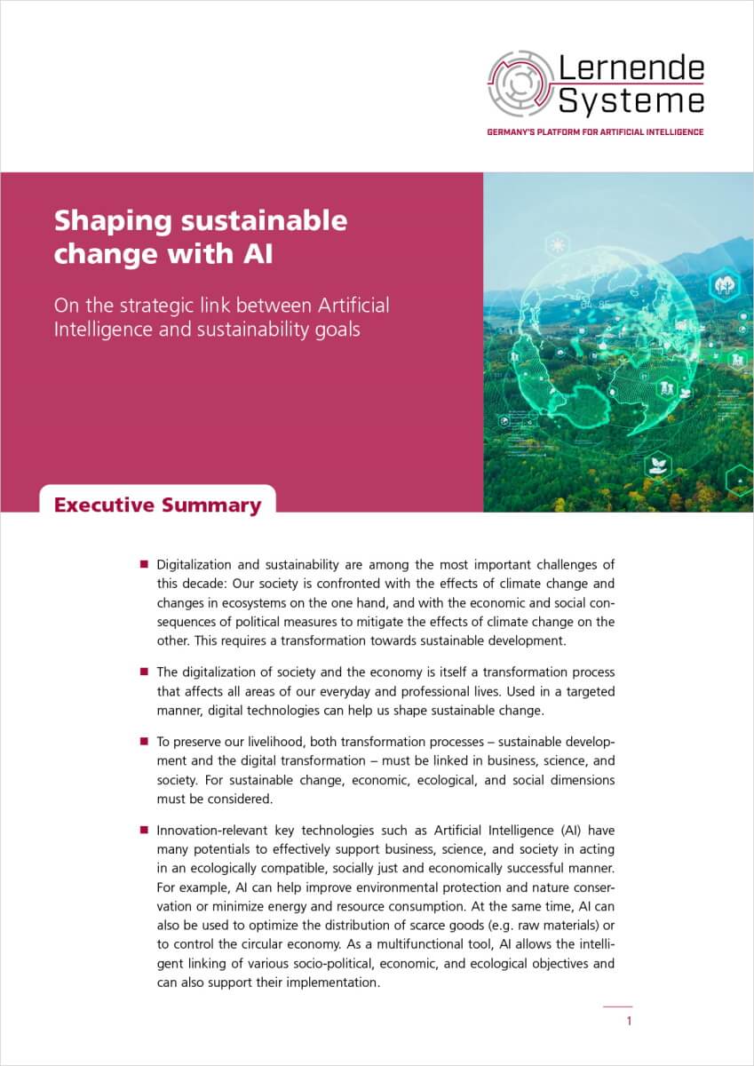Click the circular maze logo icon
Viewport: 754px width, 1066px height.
tap(520, 84)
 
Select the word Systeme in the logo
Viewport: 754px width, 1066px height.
tap(631, 99)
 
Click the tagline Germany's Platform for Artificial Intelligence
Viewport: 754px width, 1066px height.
tap(595, 131)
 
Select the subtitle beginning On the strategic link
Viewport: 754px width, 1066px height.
tap(221, 317)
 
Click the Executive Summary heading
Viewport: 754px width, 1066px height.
tap(157, 505)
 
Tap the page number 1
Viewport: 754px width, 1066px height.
tap(629, 1021)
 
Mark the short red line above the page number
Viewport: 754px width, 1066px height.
tap(617, 1006)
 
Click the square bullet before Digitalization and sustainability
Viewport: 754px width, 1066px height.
tap(143, 564)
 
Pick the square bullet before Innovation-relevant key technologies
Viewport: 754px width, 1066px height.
tap(143, 829)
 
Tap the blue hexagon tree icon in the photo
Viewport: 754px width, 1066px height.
tap(722, 287)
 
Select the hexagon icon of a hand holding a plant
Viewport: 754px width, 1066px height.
tap(658, 465)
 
